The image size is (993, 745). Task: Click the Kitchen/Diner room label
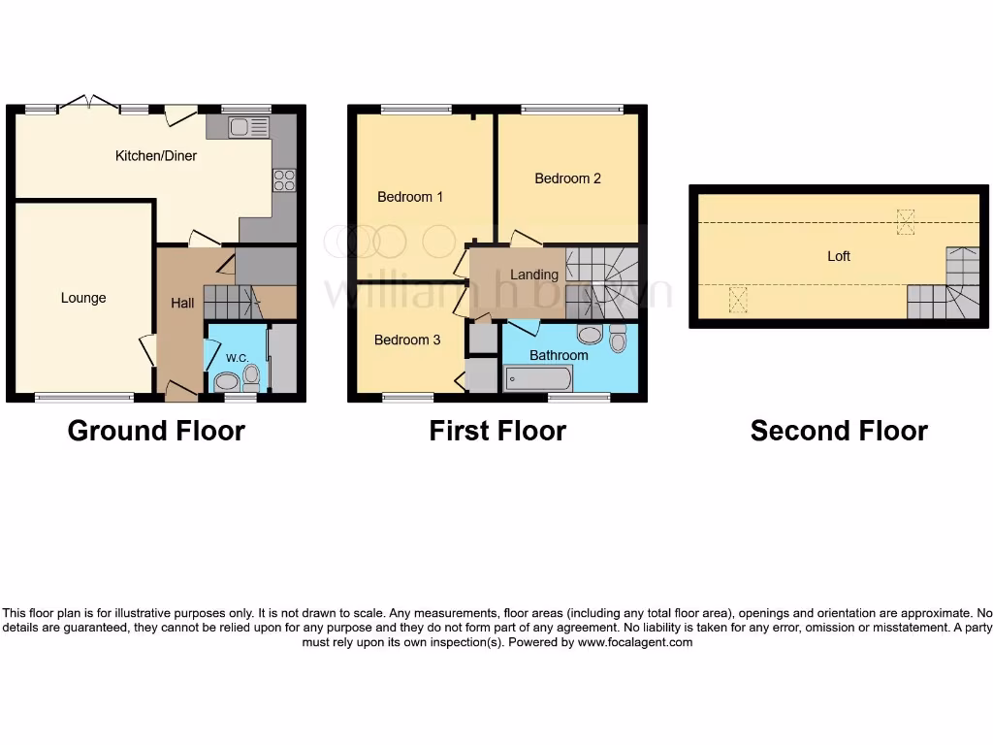pos(156,155)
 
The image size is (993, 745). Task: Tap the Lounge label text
pos(83,298)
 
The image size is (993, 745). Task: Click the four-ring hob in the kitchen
pos(284,179)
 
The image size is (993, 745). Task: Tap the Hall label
pos(182,303)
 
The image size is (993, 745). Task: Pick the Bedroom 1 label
pos(410,197)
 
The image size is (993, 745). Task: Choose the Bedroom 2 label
pos(567,178)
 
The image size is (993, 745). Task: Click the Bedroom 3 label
pos(407,340)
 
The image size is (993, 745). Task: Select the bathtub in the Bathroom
pos(538,377)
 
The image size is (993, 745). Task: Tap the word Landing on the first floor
pos(534,275)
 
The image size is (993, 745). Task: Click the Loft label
pos(839,256)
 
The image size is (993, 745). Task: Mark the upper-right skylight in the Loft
pos(906,222)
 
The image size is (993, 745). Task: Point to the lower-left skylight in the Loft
pos(738,300)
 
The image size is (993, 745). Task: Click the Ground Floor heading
pos(156,431)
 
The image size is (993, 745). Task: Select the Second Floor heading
pos(839,431)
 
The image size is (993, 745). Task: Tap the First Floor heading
pos(497,431)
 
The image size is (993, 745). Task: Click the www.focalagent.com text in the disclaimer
pos(635,642)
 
